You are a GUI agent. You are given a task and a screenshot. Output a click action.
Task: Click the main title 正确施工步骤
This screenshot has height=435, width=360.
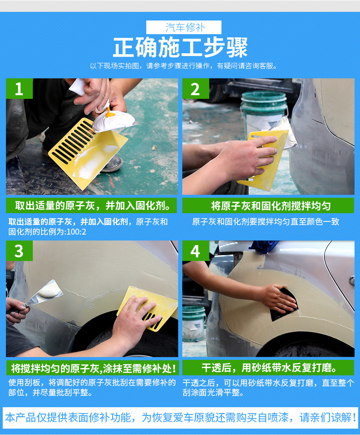point(180,47)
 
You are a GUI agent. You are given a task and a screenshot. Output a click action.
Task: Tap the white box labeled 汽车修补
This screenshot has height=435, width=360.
point(184,27)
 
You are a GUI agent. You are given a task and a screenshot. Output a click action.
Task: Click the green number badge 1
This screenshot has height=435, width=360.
point(19,89)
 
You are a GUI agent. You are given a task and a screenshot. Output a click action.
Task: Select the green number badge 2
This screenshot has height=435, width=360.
point(195,89)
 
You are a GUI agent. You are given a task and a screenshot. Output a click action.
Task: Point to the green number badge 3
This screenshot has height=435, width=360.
point(19,251)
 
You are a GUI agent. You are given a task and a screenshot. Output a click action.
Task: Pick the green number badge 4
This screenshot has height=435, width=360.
point(195,251)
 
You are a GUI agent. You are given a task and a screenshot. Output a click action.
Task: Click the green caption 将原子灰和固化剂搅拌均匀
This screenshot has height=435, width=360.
point(268,205)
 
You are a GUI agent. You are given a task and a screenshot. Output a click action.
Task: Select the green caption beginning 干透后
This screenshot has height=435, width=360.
point(268,368)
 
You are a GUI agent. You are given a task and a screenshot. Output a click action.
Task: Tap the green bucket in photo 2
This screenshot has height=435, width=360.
point(264,109)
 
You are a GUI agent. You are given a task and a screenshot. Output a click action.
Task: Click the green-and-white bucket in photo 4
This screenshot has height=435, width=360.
point(194,321)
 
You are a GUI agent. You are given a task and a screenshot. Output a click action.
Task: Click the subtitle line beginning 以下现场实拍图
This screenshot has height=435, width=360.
point(184,66)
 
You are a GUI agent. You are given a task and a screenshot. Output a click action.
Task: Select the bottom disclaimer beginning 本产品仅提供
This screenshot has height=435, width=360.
point(180,417)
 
